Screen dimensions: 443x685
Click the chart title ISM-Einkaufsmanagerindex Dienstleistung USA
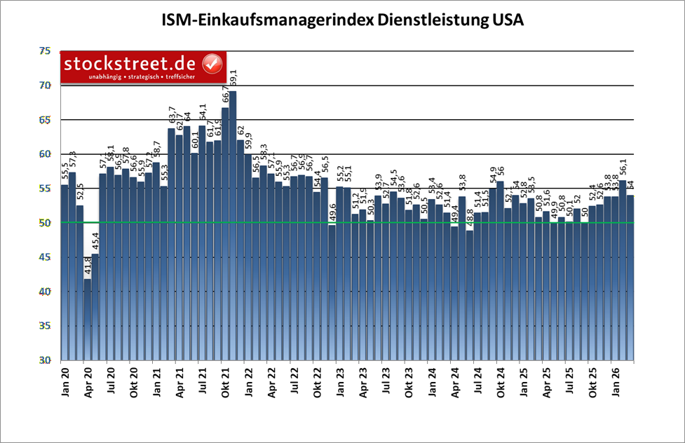(342, 20)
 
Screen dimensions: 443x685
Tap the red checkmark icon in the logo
(211, 64)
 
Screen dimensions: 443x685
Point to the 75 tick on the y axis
(45, 51)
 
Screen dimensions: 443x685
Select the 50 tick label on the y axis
(45, 223)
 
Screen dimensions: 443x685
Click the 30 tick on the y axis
(45, 360)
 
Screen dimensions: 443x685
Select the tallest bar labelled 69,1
(233, 224)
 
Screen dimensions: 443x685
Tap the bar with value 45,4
(95, 308)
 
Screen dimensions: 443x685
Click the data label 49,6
(332, 214)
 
